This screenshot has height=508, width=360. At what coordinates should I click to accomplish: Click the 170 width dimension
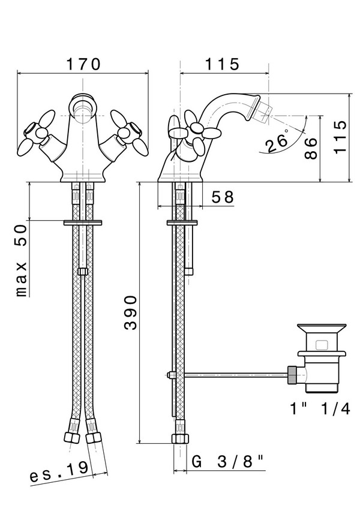[82, 63]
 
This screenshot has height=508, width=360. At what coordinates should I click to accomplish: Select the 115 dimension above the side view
[222, 63]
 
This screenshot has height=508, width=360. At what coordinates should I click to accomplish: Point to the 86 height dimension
[310, 147]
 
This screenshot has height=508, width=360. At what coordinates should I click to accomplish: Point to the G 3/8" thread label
[229, 462]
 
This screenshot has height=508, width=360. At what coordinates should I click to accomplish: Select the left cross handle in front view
[34, 137]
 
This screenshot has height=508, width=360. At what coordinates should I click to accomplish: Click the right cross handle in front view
[130, 137]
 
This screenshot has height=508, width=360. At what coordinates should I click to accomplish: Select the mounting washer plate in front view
[82, 223]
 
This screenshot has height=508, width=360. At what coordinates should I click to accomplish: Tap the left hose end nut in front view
[71, 437]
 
